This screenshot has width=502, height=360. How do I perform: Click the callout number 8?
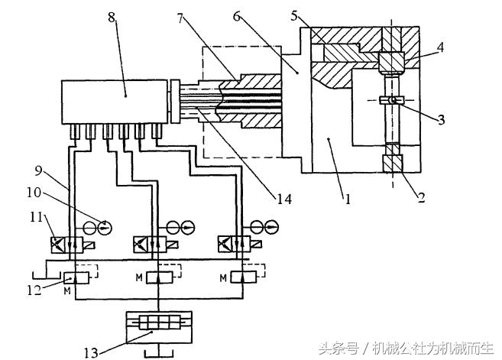click(x=113, y=17)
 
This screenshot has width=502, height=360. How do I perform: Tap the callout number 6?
click(x=240, y=18)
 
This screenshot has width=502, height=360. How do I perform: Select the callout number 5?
click(x=295, y=15)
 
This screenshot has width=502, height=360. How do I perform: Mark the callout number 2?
click(x=419, y=196)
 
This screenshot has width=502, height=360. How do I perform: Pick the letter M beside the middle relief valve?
click(x=138, y=276)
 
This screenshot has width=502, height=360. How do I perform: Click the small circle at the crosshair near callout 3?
click(x=393, y=100)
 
